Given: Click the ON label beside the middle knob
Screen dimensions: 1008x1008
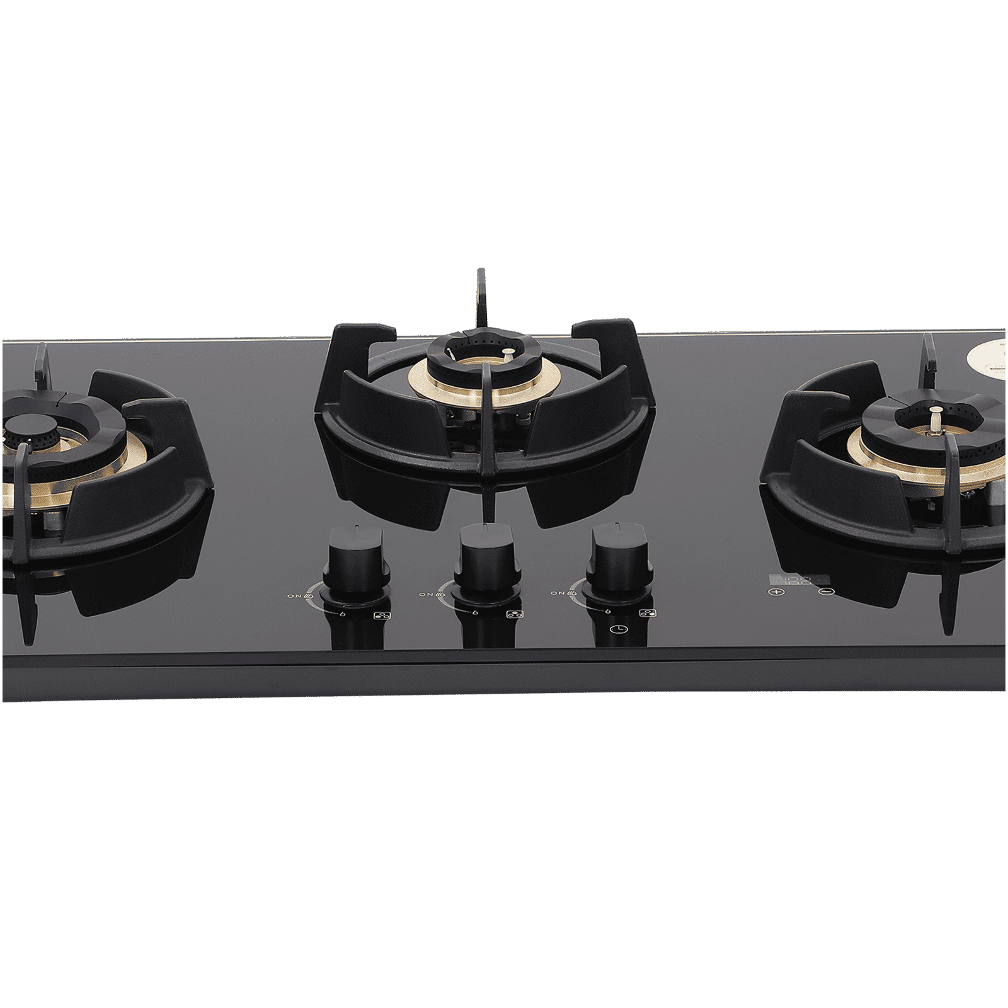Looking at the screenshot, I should click(x=425, y=593).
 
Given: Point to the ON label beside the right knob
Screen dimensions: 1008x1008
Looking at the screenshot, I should click(x=557, y=593).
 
